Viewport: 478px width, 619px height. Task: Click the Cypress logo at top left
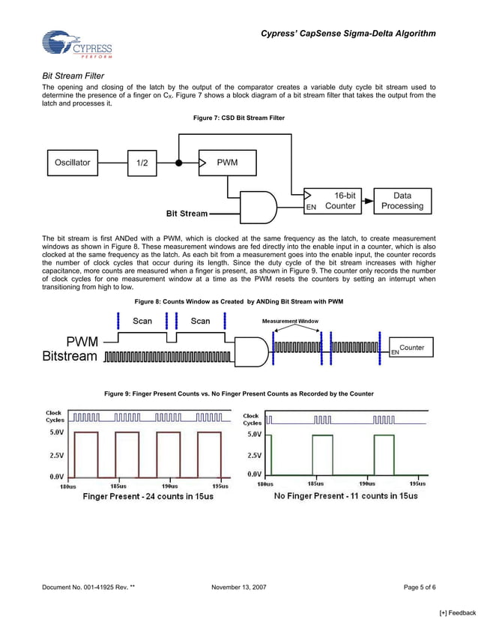77,44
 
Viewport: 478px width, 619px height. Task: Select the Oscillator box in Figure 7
73,162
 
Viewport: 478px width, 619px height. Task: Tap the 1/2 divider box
142,163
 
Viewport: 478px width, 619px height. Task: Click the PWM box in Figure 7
227,162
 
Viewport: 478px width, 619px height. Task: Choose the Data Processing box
402,201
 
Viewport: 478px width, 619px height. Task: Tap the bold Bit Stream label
187,214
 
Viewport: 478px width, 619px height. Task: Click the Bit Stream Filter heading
73,76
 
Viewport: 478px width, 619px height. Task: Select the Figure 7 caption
238,118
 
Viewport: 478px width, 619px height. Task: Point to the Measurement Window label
290,321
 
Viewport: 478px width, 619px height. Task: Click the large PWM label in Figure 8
74,342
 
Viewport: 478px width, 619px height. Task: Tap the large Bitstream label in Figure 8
70,356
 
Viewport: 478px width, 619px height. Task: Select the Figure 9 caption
238,393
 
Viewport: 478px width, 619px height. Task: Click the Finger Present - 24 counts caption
148,496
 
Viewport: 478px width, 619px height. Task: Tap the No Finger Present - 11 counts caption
345,496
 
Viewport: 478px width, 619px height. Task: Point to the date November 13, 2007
239,588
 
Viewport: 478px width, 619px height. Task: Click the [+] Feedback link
457,613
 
